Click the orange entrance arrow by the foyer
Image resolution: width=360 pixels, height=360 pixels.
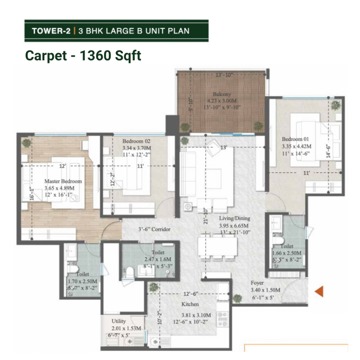click(x=319, y=291)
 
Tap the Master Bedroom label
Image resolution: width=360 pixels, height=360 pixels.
click(x=63, y=181)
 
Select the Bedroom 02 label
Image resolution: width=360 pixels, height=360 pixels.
click(x=136, y=141)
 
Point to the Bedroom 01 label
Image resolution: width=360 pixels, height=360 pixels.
click(x=295, y=139)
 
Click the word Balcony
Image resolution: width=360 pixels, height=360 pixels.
click(x=222, y=94)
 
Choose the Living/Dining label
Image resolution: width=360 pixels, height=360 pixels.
click(x=234, y=218)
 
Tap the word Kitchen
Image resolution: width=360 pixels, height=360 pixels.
click(x=190, y=304)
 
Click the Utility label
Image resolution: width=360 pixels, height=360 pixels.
click(x=119, y=321)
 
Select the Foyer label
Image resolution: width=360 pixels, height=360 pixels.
click(x=257, y=283)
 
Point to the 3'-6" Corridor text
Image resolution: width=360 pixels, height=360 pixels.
click(x=154, y=229)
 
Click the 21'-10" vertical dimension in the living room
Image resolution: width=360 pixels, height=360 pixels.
click(x=205, y=216)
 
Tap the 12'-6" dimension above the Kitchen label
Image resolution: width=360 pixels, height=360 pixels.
click(x=191, y=294)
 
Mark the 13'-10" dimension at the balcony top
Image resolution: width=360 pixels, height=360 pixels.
click(x=224, y=75)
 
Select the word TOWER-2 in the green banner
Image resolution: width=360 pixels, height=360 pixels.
click(x=51, y=31)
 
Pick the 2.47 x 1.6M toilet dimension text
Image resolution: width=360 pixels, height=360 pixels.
click(x=158, y=259)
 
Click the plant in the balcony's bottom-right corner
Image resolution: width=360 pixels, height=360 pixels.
click(x=259, y=126)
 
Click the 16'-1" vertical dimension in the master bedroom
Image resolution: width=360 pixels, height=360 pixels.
click(x=32, y=194)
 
